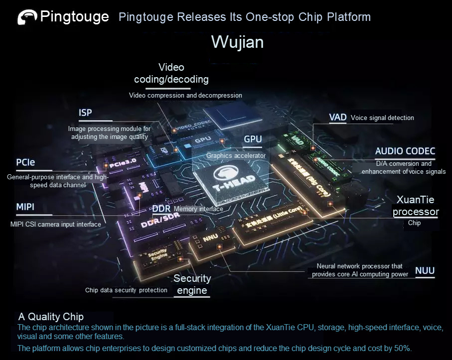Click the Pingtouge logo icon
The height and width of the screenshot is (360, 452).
27,17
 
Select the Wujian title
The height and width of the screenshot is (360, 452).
237,42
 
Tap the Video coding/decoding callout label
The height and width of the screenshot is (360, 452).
171,73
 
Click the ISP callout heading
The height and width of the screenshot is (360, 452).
86,113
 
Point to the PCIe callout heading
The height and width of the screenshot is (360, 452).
25,162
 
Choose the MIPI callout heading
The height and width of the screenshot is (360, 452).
25,207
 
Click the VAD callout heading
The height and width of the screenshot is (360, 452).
337,118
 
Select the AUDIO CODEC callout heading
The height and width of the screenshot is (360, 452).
405,151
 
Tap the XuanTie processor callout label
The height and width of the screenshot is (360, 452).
416,206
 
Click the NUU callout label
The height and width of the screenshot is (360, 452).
425,271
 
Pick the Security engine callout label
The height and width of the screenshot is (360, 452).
192,284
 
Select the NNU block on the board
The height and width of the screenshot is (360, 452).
210,239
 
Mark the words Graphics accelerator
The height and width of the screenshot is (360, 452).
236,155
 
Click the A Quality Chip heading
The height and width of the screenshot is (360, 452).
51,317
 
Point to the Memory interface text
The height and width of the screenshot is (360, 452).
198,209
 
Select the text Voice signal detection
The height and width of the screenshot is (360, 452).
382,118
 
